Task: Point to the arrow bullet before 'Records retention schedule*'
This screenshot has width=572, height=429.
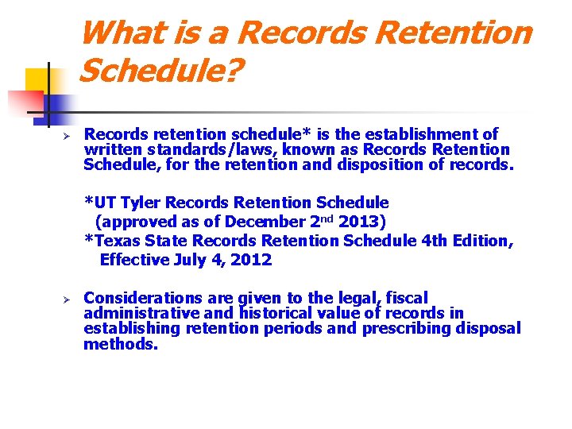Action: click(68, 135)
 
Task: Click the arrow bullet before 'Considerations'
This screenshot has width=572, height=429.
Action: click(68, 299)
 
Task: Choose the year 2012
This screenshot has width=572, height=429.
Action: click(251, 259)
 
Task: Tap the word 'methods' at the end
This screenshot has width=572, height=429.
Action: click(119, 344)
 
